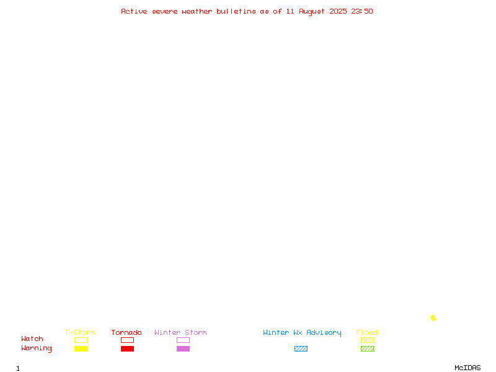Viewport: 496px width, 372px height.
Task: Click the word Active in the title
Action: coord(134,11)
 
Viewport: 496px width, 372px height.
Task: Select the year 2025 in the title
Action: coord(338,11)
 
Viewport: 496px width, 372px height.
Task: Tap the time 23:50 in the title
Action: coord(362,11)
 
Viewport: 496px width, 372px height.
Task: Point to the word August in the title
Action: coord(312,12)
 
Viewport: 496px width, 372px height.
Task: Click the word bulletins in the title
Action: coord(236,11)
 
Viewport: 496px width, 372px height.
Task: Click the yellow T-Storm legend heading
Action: coord(80,332)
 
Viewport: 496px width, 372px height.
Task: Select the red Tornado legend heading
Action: coord(126,332)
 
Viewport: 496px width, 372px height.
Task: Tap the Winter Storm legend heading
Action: coord(180,332)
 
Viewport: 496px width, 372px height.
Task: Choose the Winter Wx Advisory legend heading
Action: coord(302,333)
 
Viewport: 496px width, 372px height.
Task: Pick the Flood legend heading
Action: coord(367,332)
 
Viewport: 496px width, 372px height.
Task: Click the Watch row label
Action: coord(32,339)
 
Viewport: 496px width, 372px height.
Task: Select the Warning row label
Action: coord(37,348)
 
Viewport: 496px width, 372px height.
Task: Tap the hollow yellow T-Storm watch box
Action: coord(81,337)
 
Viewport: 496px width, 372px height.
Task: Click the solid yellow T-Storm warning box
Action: coord(81,348)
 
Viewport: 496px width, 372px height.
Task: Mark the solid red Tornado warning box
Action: coord(128,348)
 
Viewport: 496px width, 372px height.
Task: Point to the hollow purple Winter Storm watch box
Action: coord(183,337)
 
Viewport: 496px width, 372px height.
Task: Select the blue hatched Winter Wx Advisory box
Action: coord(301,348)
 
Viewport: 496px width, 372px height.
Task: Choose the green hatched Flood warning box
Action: coord(367,348)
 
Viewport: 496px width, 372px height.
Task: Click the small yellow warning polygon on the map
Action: coord(433,318)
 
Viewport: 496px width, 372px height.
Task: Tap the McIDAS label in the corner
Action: coord(467,368)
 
